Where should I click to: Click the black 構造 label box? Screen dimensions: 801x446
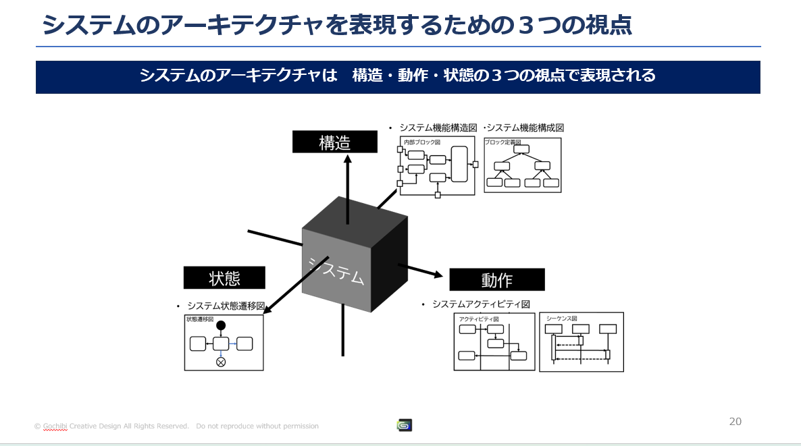click(334, 142)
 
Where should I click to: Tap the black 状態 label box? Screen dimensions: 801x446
click(224, 277)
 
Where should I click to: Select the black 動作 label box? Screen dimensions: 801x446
click(497, 279)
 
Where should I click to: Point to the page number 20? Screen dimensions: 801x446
click(735, 422)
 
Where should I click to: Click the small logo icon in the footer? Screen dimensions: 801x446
click(404, 425)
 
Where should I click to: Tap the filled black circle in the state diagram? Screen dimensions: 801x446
click(221, 326)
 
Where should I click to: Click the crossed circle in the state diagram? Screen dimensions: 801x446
click(221, 362)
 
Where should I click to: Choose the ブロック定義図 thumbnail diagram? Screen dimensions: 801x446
click(523, 165)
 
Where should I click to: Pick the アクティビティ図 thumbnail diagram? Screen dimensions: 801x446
click(494, 341)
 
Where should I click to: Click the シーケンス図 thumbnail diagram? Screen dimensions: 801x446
click(582, 342)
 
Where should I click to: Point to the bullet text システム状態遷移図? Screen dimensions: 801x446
click(226, 306)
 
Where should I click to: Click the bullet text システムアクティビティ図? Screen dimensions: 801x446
click(482, 304)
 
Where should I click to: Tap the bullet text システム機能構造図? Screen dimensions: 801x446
click(438, 128)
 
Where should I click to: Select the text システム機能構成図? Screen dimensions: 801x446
click(525, 128)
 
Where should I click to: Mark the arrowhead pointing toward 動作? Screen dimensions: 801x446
click(438, 275)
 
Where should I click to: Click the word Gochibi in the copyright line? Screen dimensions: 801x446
click(55, 426)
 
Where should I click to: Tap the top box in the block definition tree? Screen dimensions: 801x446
click(521, 149)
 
